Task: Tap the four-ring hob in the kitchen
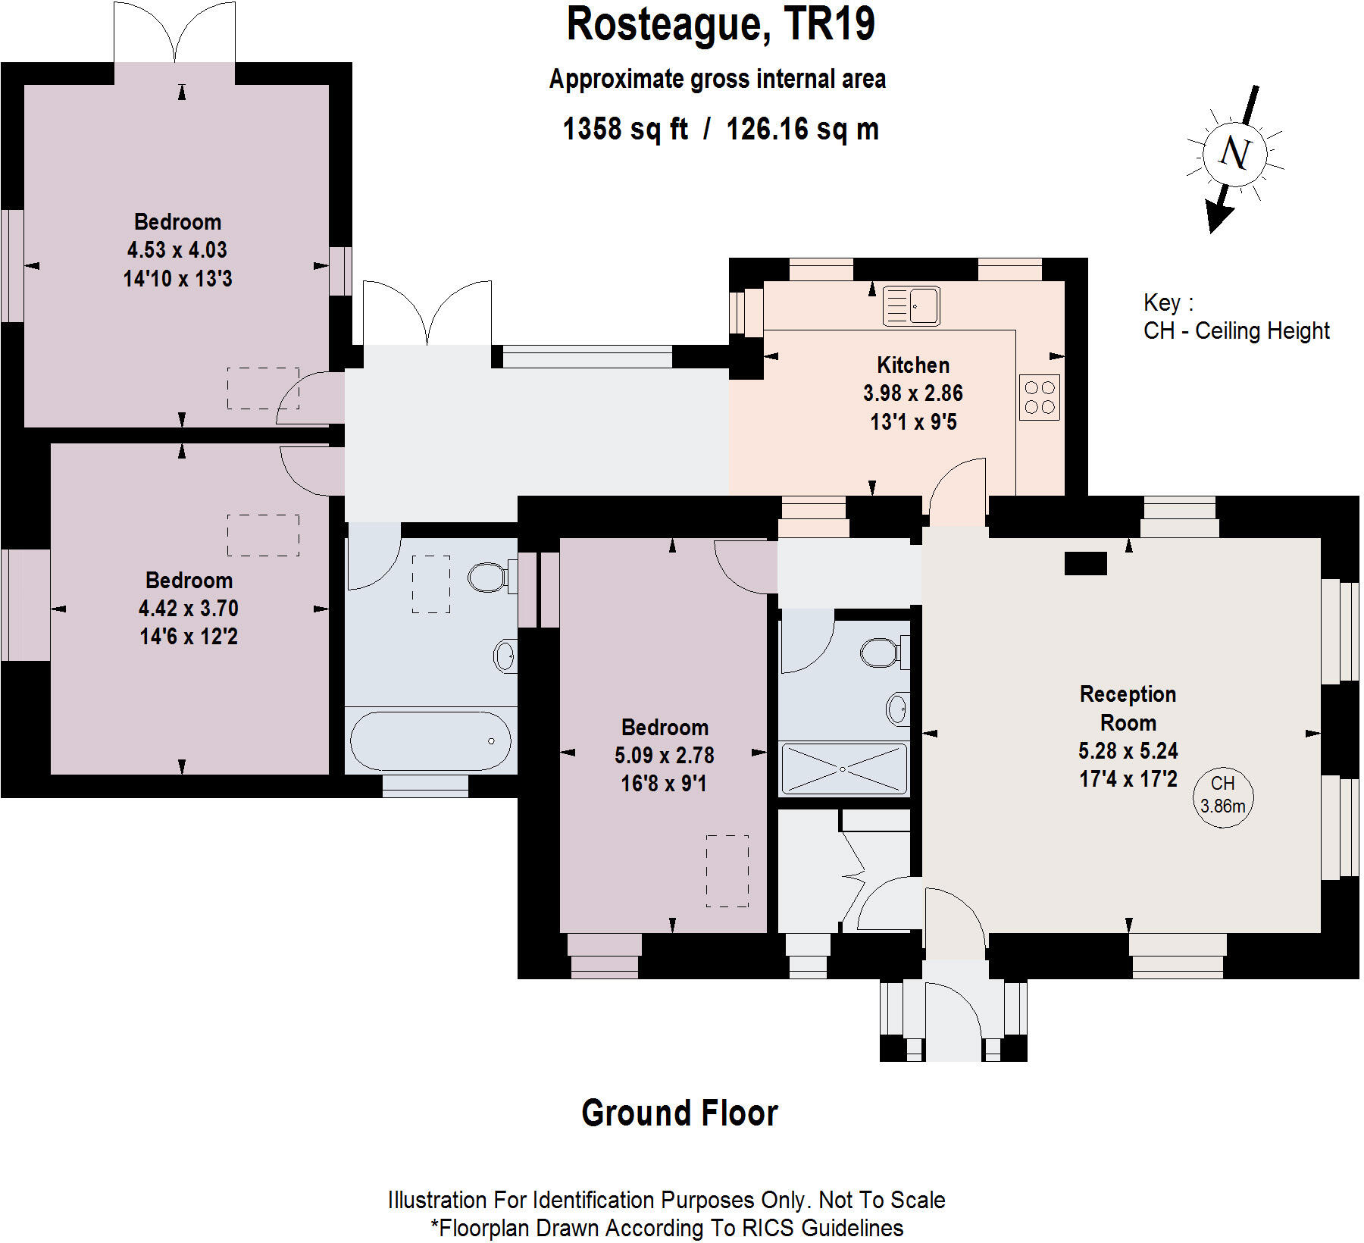(1040, 397)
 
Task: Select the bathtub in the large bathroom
(430, 740)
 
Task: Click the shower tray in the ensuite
(843, 769)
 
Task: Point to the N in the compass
(1234, 153)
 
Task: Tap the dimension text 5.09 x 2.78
(665, 756)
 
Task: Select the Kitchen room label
(912, 365)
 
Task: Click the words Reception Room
(1128, 708)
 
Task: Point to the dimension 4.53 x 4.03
(177, 250)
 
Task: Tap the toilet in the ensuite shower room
(881, 652)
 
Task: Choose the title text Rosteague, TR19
(721, 24)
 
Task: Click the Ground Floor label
(680, 1113)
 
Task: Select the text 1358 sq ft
(625, 129)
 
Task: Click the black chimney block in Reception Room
(1085, 563)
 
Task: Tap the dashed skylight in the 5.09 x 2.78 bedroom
(727, 871)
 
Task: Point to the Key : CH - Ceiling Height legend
(1235, 317)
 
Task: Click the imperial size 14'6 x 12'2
(189, 637)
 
